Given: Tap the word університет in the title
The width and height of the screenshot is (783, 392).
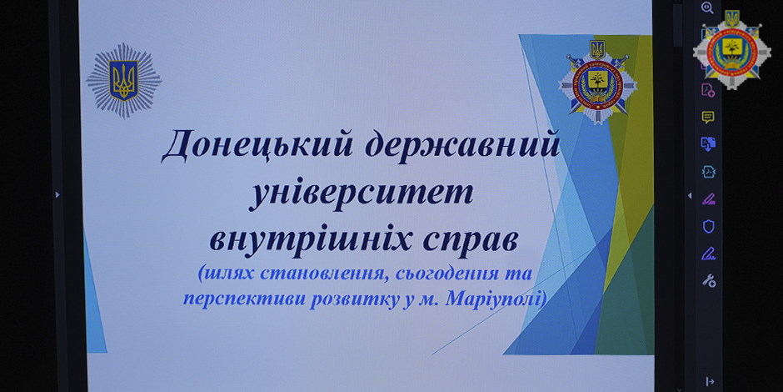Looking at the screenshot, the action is pos(360,194).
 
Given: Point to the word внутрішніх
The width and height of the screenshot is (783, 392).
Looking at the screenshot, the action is pos(307,239).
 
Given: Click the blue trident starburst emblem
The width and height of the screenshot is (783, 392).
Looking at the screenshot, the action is pos(123,80).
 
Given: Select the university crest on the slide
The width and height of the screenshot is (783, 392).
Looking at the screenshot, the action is pos(597,83).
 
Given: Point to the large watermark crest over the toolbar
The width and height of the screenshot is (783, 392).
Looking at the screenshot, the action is pos(731,49).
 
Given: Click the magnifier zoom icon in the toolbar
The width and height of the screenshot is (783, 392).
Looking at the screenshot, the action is pos(707,8).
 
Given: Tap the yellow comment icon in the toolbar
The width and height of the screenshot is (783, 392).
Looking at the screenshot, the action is pos(708,117).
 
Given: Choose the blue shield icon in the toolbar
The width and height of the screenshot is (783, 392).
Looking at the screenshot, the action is pos(709,227).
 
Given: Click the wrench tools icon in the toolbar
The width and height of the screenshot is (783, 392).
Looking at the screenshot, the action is pos(709,280).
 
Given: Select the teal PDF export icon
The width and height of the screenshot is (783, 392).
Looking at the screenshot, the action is pos(709,172).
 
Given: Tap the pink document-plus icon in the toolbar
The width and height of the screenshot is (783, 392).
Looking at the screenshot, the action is pos(708,90).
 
